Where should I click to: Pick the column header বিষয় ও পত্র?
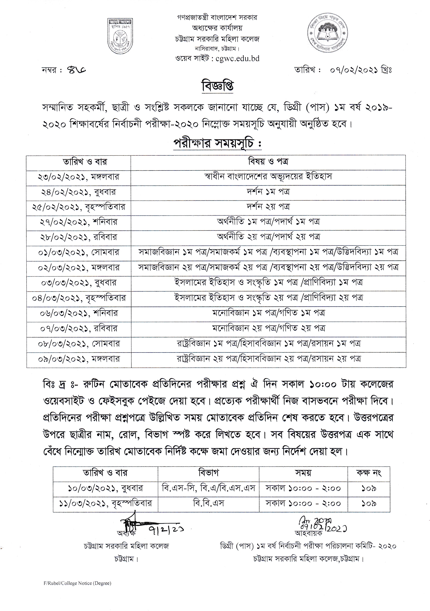tap(268, 162)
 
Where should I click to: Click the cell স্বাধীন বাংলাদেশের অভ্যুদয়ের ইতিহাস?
tap(268, 176)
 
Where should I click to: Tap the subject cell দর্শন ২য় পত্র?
tap(268, 207)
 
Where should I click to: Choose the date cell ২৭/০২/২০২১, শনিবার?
tap(79, 222)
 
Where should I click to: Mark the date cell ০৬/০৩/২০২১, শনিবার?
tap(79, 313)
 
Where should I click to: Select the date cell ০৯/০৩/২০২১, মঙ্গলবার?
tap(79, 359)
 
